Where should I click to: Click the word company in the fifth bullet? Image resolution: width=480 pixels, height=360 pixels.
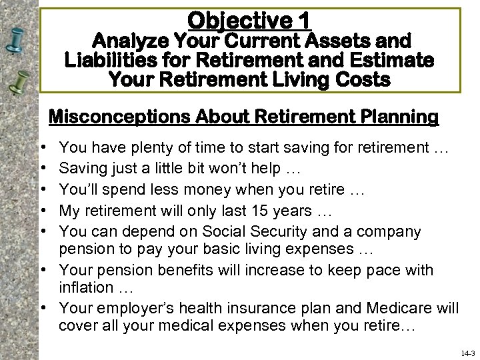point(388,232)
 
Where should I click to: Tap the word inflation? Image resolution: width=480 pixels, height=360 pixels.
point(86,288)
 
